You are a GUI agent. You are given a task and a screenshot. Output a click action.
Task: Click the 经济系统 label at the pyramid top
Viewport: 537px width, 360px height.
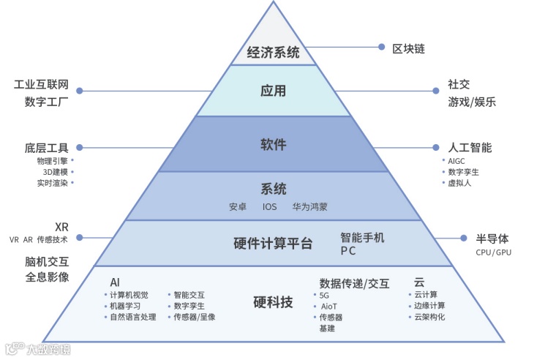click(x=274, y=52)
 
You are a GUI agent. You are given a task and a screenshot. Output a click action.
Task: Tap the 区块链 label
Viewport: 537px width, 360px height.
click(x=409, y=49)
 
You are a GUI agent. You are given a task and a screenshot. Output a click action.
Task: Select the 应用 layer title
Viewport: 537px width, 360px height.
click(x=274, y=91)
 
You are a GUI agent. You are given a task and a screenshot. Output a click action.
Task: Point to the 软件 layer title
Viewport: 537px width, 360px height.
click(x=274, y=144)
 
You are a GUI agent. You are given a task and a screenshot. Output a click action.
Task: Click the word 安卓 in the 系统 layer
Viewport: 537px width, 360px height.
click(x=239, y=207)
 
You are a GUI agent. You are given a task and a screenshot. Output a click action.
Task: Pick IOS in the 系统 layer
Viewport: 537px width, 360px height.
click(x=270, y=207)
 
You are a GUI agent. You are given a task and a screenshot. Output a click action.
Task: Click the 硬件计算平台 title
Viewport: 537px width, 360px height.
click(x=273, y=244)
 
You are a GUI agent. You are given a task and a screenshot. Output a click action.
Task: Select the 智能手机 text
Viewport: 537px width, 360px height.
click(x=362, y=238)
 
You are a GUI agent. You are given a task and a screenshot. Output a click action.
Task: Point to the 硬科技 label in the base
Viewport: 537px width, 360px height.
click(x=273, y=301)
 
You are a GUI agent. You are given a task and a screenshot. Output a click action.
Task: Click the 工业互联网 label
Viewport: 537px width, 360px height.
click(x=41, y=85)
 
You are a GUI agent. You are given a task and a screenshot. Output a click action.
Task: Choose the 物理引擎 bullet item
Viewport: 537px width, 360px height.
click(x=52, y=160)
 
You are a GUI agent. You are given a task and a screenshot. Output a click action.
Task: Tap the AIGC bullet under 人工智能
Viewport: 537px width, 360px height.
click(x=457, y=160)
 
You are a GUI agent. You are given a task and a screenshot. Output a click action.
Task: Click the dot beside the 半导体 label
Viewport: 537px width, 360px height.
click(x=463, y=238)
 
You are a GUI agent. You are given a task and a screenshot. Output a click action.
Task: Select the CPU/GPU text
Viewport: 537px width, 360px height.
click(x=494, y=252)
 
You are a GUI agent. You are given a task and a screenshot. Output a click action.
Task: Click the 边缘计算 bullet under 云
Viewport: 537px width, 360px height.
click(x=429, y=306)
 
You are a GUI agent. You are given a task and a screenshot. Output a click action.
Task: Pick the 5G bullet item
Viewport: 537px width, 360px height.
click(x=325, y=295)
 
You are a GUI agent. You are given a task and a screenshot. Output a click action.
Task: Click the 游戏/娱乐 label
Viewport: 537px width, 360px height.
click(x=472, y=102)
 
